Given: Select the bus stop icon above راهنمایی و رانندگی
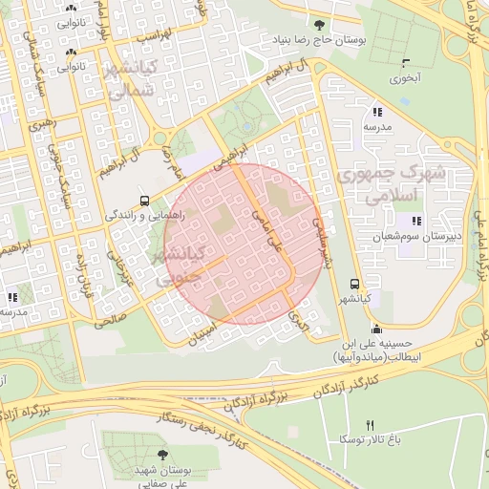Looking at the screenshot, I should point(144,201).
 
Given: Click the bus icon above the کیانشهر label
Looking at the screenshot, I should point(355,284).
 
